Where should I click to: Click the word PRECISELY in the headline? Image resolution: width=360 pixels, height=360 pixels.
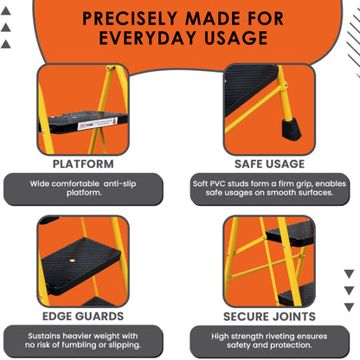coord(130,18)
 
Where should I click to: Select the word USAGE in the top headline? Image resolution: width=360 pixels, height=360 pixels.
coord(236,38)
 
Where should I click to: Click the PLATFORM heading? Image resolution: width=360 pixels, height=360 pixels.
coord(83,164)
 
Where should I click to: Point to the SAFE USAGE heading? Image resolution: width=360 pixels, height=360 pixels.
coord(269,164)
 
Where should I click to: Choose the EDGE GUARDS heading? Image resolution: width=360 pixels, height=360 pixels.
coord(83,317)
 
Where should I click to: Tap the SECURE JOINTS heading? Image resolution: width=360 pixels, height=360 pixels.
coord(269,317)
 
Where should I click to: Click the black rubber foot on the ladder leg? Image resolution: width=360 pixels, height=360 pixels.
coord(291,130)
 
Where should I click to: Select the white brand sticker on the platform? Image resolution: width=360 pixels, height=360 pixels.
coord(99,124)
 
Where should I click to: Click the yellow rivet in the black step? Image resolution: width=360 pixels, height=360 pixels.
coord(72,260)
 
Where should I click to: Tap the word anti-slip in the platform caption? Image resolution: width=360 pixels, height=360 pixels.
coord(119,183)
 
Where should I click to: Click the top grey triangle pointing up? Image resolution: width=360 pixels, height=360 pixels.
coord(6,11)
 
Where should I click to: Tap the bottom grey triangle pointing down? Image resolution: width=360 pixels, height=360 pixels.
coord(349,307)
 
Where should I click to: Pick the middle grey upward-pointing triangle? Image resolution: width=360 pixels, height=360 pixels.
coord(6,28)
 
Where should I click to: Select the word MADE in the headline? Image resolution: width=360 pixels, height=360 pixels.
coord(213,18)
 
